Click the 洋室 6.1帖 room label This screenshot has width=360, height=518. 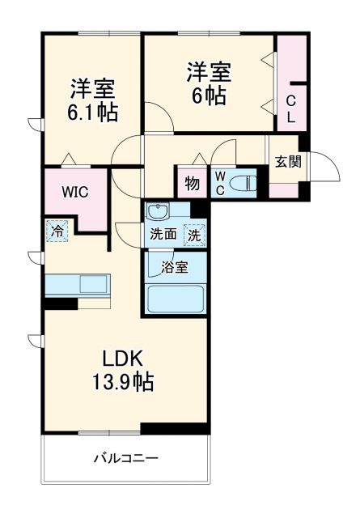pos(92,99)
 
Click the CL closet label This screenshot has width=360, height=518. pos(291,108)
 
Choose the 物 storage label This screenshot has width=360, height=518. pos(192,184)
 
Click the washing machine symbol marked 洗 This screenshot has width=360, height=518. pos(195,236)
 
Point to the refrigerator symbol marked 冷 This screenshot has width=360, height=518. pos(57,230)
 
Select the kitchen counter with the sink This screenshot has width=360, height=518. pos(76,285)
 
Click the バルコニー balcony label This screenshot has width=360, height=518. pos(125,458)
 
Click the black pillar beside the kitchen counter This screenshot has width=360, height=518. pos(61,304)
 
